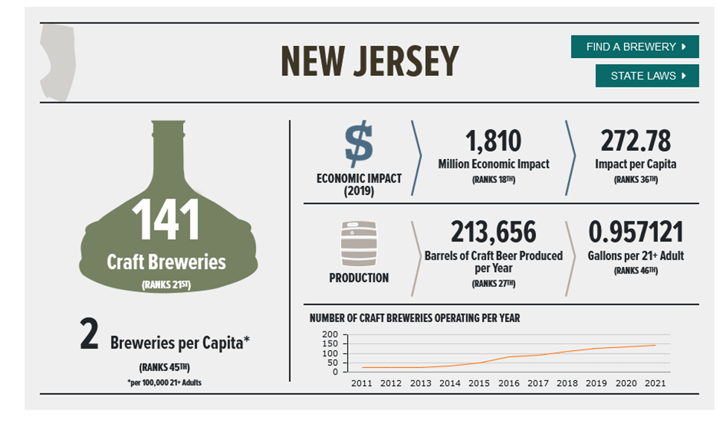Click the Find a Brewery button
(x=634, y=46)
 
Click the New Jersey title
(x=369, y=61)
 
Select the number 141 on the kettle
(x=166, y=220)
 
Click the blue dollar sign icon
(x=359, y=144)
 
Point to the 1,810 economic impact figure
(x=493, y=141)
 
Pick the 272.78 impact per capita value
(x=635, y=141)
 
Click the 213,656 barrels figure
(x=493, y=233)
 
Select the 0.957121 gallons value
(x=635, y=233)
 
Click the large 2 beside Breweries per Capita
(x=89, y=336)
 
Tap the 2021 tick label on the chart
(x=655, y=383)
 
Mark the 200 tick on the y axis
(x=330, y=335)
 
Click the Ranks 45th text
(x=165, y=367)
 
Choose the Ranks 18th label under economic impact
(x=493, y=180)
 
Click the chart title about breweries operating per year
(x=415, y=318)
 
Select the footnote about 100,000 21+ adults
(x=165, y=382)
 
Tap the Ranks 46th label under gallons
(x=635, y=271)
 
